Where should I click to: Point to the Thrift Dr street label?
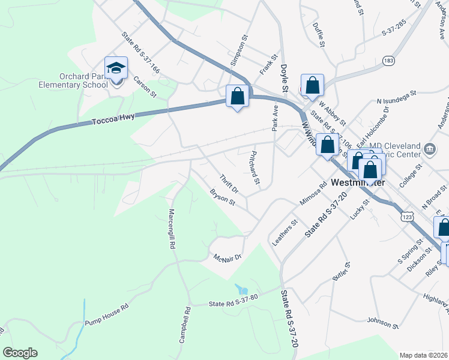tap(229, 184)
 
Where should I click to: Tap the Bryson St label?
tap(222, 197)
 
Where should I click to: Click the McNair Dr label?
tap(228, 257)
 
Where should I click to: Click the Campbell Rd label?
tap(184, 325)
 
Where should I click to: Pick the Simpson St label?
tap(238, 50)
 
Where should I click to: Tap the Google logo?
tap(20, 353)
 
